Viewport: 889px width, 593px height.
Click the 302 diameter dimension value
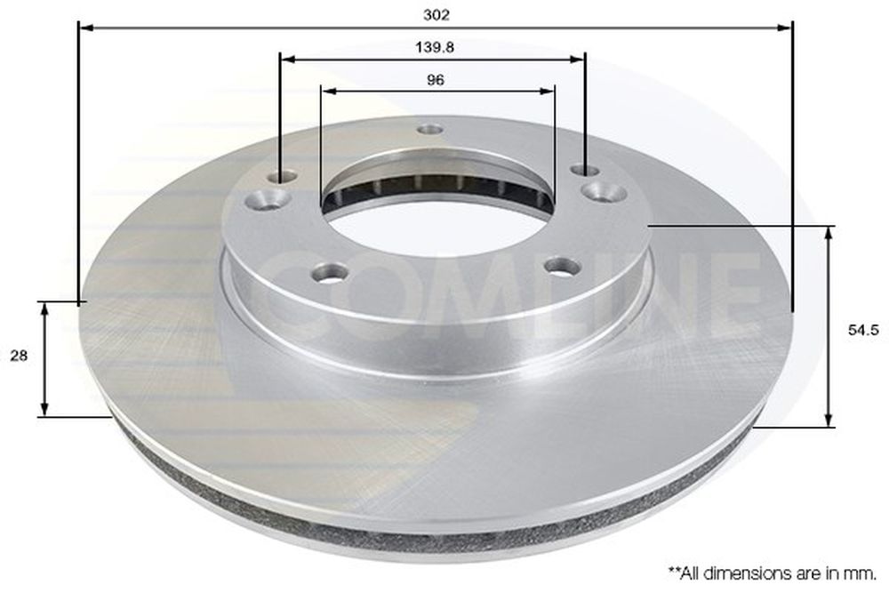pyautogui.click(x=436, y=15)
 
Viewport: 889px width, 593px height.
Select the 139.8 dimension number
pyautogui.click(x=435, y=48)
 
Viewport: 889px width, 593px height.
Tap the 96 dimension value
pyautogui.click(x=435, y=80)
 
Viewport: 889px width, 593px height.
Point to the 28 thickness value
pyautogui.click(x=19, y=356)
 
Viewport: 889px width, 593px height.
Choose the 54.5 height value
pyautogui.click(x=863, y=331)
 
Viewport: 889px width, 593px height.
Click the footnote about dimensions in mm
pyautogui.click(x=773, y=573)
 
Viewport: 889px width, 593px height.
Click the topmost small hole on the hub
pyautogui.click(x=429, y=130)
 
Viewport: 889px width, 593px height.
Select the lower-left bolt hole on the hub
pyautogui.click(x=330, y=272)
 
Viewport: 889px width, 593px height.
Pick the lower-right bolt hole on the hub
pyautogui.click(x=562, y=265)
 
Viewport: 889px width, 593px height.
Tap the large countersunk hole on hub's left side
pyautogui.click(x=268, y=199)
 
